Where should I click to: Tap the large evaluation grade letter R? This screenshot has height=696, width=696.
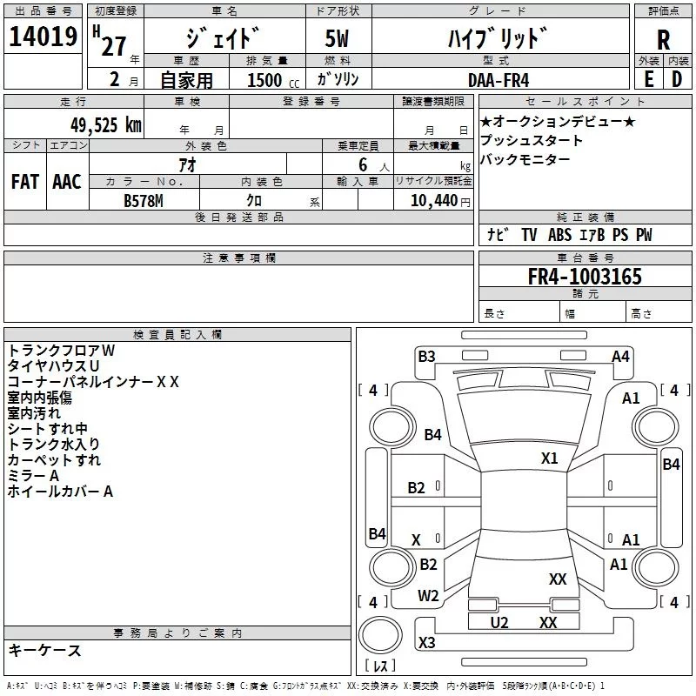(664, 39)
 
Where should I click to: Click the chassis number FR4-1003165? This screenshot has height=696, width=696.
(585, 277)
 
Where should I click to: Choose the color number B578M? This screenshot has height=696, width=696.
(144, 199)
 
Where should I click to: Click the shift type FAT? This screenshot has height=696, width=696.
(24, 181)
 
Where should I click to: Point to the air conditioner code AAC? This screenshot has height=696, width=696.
(67, 181)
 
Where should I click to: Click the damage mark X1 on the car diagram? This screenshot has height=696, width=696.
(549, 458)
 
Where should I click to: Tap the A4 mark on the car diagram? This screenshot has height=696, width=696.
(620, 356)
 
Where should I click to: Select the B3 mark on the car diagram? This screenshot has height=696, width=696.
(426, 356)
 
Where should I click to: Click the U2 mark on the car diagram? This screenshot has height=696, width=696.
(499, 622)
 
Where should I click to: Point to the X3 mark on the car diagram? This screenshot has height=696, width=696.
(426, 643)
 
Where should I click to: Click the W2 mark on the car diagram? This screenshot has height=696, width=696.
(428, 596)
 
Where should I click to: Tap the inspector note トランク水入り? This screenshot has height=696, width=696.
(54, 445)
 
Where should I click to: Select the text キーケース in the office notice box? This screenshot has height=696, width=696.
(45, 650)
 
